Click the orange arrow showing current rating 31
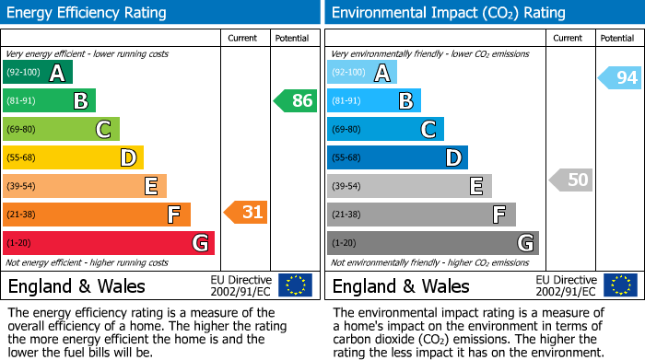(246, 213)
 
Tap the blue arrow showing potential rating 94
(620, 77)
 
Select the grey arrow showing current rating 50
(570, 180)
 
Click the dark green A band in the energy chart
(38, 73)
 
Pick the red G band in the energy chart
(109, 243)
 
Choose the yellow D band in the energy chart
(74, 157)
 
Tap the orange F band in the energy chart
(97, 215)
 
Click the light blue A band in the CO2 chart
(362, 73)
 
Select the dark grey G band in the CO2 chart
(433, 243)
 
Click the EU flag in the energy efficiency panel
(296, 285)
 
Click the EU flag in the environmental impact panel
(620, 285)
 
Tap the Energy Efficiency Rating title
(88, 13)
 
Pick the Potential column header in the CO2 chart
(617, 38)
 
